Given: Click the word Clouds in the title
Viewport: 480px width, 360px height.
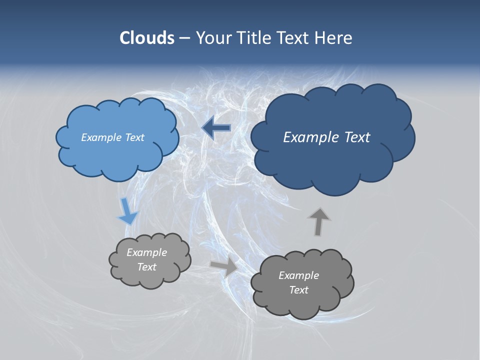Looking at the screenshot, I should click(x=146, y=38).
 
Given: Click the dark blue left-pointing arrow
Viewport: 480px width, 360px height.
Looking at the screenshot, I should click(x=216, y=128).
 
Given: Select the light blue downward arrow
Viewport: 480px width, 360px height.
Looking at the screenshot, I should click(x=127, y=211).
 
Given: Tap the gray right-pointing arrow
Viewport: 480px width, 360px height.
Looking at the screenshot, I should click(x=224, y=266).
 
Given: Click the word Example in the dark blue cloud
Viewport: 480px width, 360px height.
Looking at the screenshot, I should click(x=308, y=137).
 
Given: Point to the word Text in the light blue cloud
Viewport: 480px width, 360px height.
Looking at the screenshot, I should click(x=134, y=137).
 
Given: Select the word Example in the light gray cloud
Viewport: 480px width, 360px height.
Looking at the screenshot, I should click(x=147, y=252).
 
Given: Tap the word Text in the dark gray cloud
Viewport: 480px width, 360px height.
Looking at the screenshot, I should click(x=298, y=290).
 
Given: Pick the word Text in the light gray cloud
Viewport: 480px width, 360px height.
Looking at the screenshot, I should click(x=147, y=267).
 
